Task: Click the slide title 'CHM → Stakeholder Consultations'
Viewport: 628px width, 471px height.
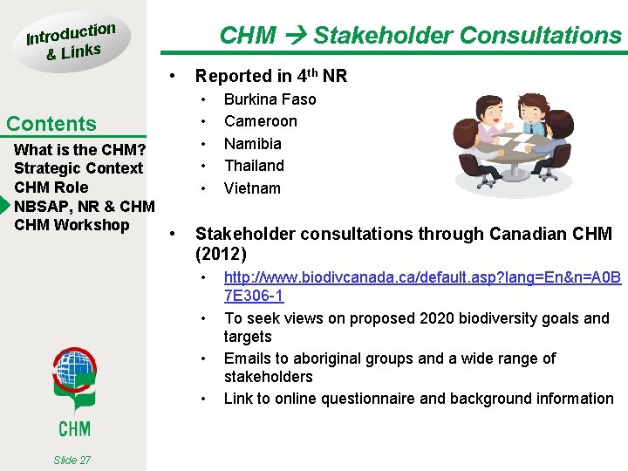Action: pyautogui.click(x=420, y=36)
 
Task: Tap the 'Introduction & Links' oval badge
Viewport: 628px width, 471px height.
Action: pyautogui.click(x=71, y=42)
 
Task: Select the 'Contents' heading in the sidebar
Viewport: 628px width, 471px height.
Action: pyautogui.click(x=51, y=124)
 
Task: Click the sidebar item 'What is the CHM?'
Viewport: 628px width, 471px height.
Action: pyautogui.click(x=79, y=149)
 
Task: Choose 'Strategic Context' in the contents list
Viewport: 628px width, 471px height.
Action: pyautogui.click(x=78, y=168)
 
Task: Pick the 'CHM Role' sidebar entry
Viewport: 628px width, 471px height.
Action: pyautogui.click(x=51, y=188)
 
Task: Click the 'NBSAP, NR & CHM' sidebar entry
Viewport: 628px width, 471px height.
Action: pyautogui.click(x=84, y=207)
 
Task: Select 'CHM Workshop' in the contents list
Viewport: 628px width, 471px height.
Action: pyautogui.click(x=72, y=225)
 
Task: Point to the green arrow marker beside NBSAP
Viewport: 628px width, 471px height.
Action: pyautogui.click(x=4, y=207)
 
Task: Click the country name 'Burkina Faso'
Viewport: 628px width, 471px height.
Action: pyautogui.click(x=270, y=99)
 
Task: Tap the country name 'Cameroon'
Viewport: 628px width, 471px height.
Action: pyautogui.click(x=260, y=121)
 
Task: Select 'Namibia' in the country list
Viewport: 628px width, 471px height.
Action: pyautogui.click(x=252, y=144)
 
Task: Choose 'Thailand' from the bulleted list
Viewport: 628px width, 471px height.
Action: pyautogui.click(x=254, y=166)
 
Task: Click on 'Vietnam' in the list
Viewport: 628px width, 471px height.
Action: pyautogui.click(x=252, y=188)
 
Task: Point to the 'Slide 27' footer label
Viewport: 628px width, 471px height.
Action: pyautogui.click(x=72, y=460)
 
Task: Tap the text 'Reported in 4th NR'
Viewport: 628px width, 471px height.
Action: pyautogui.click(x=270, y=76)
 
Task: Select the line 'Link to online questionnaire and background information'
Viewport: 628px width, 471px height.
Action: pyautogui.click(x=419, y=399)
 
